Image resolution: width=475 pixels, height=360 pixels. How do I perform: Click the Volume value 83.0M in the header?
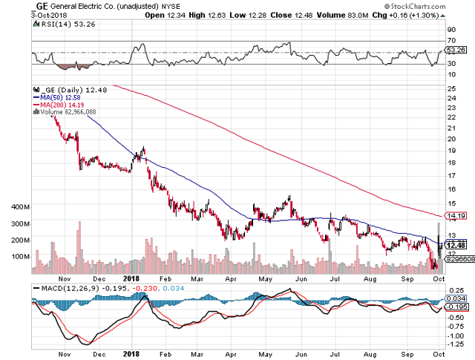tap(362, 15)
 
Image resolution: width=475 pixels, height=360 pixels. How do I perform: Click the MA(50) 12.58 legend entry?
tap(55, 96)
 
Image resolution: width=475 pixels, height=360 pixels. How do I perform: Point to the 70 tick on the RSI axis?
tap(451, 39)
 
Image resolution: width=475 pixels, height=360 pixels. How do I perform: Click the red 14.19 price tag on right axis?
tap(456, 215)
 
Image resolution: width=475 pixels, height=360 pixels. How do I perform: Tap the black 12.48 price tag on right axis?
tap(456, 245)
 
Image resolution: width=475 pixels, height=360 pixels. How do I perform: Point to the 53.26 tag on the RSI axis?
tap(456, 50)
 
